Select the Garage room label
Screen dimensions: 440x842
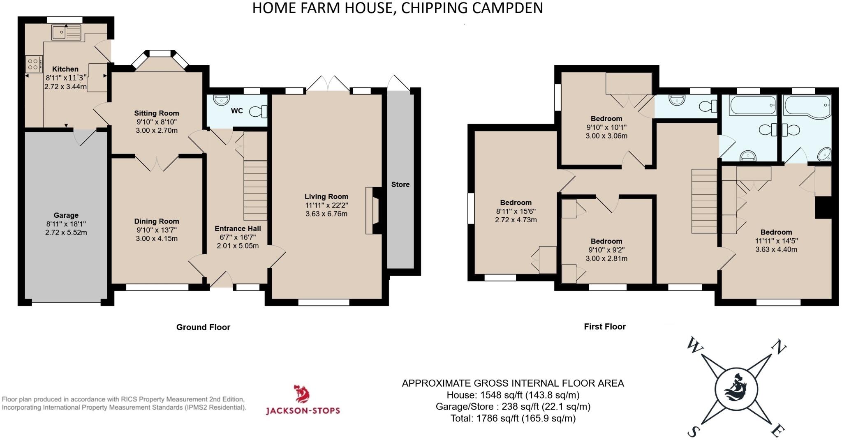pyautogui.click(x=66, y=215)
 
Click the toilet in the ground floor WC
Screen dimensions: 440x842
pyautogui.click(x=259, y=111)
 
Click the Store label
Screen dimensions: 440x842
pyautogui.click(x=400, y=184)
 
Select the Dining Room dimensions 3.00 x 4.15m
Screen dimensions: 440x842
pyautogui.click(x=157, y=239)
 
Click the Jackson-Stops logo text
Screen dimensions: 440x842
pyautogui.click(x=303, y=410)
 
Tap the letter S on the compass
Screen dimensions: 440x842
pyautogui.click(x=693, y=432)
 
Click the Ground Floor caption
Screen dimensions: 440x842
pyautogui.click(x=203, y=327)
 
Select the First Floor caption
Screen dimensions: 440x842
pyautogui.click(x=605, y=327)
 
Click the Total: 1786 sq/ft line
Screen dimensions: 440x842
pyautogui.click(x=513, y=419)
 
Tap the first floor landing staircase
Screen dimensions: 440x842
pyautogui.click(x=704, y=201)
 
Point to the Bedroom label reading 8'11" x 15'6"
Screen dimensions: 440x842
pyautogui.click(x=516, y=211)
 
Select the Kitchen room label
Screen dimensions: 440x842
pyautogui.click(x=65, y=69)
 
